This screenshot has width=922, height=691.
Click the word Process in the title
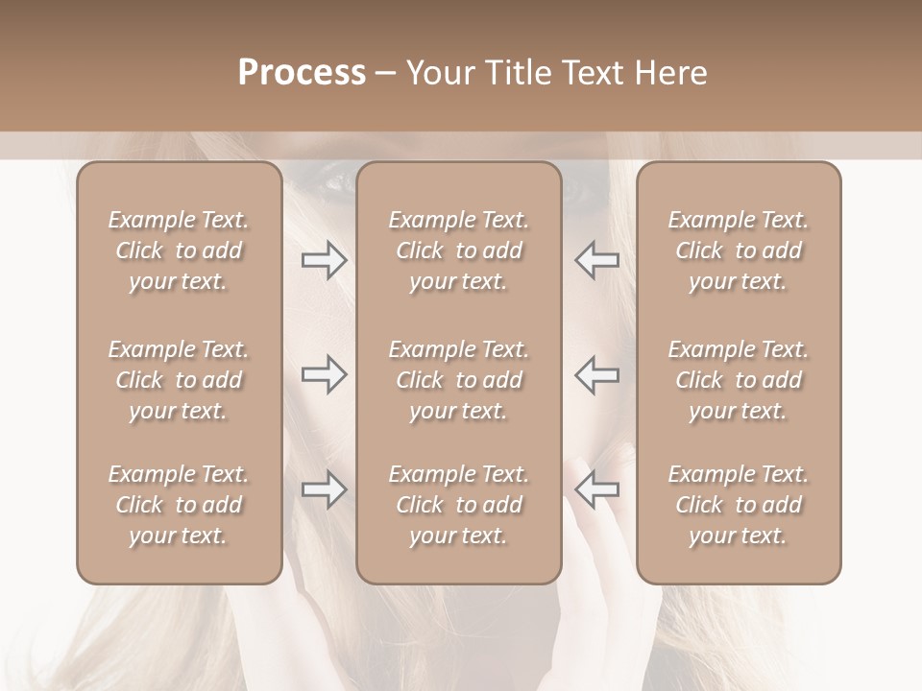pos(302,73)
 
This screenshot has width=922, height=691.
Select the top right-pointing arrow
pos(325,260)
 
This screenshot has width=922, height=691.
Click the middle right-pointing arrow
pos(325,375)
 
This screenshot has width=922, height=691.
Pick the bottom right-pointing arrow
pos(325,490)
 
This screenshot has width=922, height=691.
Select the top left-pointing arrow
pos(596,260)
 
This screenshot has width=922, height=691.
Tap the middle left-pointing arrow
pos(596,375)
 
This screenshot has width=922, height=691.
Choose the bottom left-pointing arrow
pos(596,490)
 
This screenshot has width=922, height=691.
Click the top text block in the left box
pos(179,250)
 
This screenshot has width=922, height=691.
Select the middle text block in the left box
pos(179,380)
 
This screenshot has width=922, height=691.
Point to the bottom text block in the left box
pos(179,505)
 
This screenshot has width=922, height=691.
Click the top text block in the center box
pos(458,250)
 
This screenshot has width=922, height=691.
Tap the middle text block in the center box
pos(458,380)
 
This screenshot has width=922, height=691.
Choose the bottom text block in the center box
pos(458,505)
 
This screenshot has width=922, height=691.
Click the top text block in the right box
pos(738,250)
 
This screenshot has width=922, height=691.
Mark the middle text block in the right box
pos(738,380)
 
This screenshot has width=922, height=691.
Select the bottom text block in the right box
pos(738,505)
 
